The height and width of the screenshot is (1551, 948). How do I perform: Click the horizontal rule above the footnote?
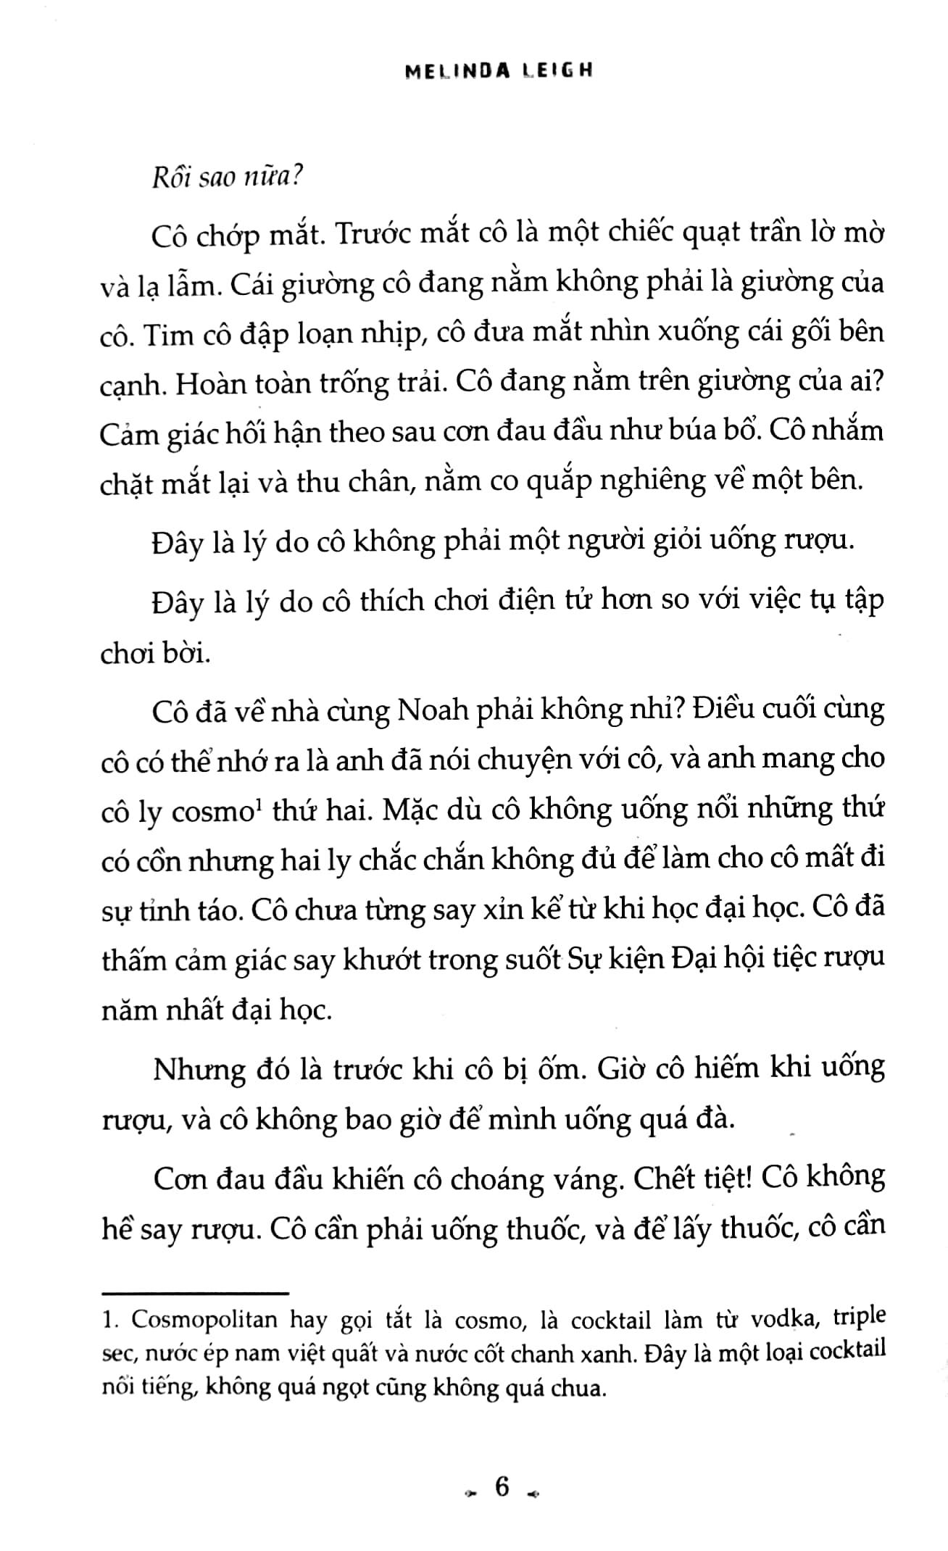click(x=196, y=1292)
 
